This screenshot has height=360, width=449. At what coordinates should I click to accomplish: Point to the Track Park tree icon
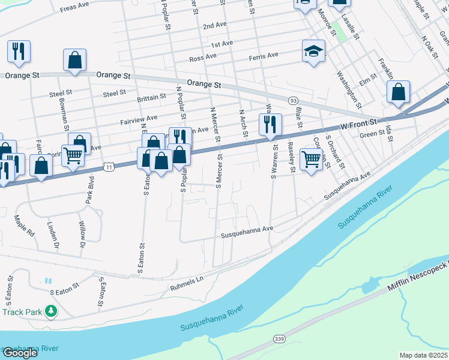coord(52,311)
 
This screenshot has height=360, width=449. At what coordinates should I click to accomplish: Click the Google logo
coord(20,353)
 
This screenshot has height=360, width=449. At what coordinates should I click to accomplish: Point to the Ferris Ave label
coord(264,55)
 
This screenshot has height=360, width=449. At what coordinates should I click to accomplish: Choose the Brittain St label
coord(151,97)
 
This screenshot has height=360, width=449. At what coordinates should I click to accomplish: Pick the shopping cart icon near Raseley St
coord(311,160)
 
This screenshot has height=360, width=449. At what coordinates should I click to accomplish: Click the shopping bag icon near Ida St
coord(397,92)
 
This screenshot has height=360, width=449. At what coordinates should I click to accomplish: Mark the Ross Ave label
coord(202,58)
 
